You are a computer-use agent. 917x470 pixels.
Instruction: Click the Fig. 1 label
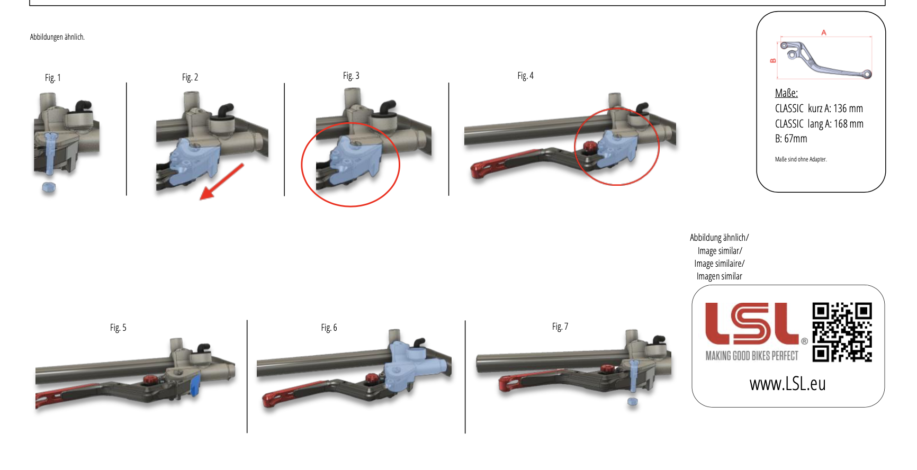pyautogui.click(x=53, y=78)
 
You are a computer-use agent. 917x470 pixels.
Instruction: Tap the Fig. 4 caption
pyautogui.click(x=525, y=76)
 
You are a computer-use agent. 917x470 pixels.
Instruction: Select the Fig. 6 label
pyautogui.click(x=329, y=328)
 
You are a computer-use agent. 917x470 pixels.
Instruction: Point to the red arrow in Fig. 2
pyautogui.click(x=221, y=182)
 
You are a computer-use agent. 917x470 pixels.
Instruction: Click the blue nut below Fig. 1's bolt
pyautogui.click(x=49, y=187)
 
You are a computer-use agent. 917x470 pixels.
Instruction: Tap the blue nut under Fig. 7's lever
pyautogui.click(x=632, y=401)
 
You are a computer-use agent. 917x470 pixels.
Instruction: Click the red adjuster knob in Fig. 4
pyautogui.click(x=589, y=146)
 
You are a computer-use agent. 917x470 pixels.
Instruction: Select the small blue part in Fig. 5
pyautogui.click(x=195, y=385)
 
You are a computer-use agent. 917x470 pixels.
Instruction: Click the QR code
pyautogui.click(x=842, y=332)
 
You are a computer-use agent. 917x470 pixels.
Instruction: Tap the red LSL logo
pyautogui.click(x=752, y=323)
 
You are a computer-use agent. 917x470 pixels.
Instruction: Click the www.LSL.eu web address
pyautogui.click(x=787, y=383)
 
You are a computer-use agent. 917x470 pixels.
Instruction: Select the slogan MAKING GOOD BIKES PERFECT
pyautogui.click(x=752, y=356)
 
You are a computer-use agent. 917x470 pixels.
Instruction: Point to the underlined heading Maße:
pyautogui.click(x=786, y=93)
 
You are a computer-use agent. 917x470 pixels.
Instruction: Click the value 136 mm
pyautogui.click(x=848, y=109)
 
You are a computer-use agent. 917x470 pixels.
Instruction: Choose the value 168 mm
pyautogui.click(x=849, y=124)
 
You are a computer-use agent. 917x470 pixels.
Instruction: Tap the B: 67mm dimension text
pyautogui.click(x=791, y=139)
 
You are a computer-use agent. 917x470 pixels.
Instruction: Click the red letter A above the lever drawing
pyautogui.click(x=824, y=33)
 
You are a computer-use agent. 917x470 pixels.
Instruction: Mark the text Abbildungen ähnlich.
pyautogui.click(x=57, y=37)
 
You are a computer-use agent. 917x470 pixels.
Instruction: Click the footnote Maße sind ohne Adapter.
pyautogui.click(x=801, y=159)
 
